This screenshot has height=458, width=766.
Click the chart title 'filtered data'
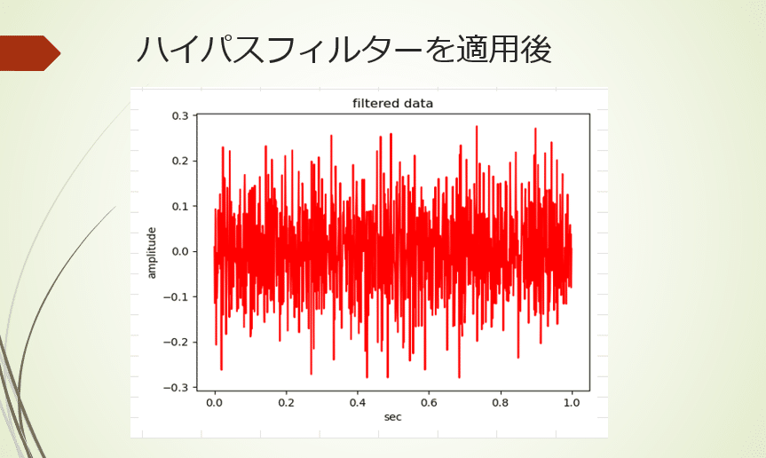(x=393, y=104)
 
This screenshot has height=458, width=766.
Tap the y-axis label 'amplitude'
(x=152, y=253)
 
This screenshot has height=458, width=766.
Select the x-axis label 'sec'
(x=393, y=417)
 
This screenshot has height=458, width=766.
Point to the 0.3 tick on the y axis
(x=180, y=115)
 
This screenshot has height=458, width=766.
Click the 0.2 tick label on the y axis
(x=180, y=161)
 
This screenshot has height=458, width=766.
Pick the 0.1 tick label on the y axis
(x=180, y=206)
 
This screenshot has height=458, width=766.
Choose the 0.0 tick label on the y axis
(x=180, y=251)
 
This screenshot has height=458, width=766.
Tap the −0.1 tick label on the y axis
(x=176, y=296)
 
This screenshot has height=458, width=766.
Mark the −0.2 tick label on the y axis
(x=176, y=342)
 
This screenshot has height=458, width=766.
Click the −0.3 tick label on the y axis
(x=176, y=387)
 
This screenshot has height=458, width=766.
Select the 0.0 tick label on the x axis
(x=215, y=403)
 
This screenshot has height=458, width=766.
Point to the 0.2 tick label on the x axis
(x=287, y=403)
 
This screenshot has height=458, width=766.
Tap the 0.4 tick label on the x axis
(x=358, y=403)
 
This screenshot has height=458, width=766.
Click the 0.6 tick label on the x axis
(x=429, y=403)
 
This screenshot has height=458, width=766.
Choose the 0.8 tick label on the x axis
(x=501, y=403)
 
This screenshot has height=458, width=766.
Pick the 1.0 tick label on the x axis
(x=572, y=403)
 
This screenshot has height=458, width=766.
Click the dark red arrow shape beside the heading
(x=29, y=53)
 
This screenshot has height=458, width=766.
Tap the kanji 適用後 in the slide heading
(x=503, y=50)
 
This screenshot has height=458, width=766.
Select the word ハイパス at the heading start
(x=194, y=50)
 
